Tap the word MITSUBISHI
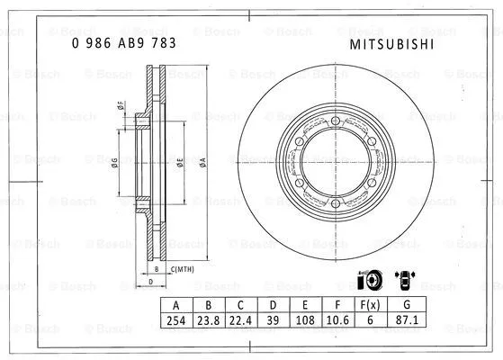(383, 42)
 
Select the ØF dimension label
(120, 106)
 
